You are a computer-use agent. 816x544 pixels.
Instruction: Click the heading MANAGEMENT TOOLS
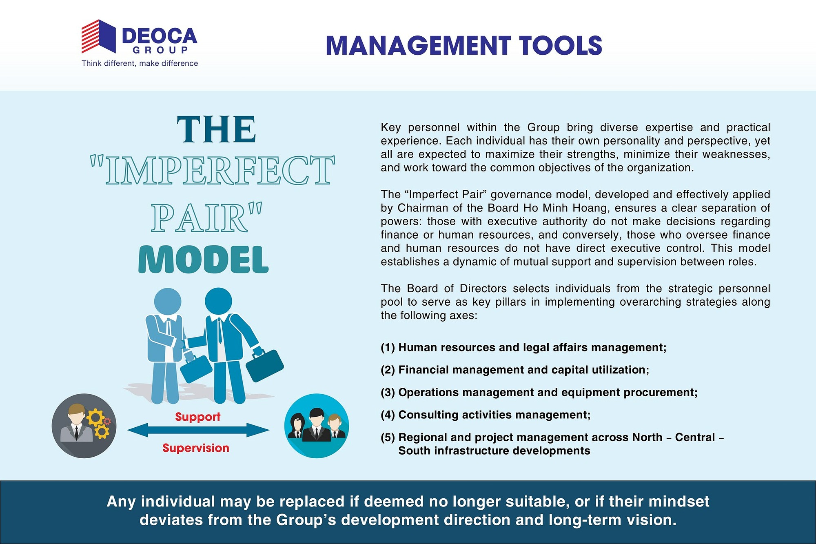tap(464, 45)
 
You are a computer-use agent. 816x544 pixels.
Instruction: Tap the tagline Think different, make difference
tap(140, 63)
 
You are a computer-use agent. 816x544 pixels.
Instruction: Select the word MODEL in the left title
tap(203, 260)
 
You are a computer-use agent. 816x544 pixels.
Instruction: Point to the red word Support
tap(197, 417)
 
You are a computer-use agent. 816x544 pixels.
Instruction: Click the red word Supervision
tap(196, 448)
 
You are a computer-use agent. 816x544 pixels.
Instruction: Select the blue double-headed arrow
tap(198, 430)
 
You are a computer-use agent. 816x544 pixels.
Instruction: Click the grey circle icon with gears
tap(84, 426)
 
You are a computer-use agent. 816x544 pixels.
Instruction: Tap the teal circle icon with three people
tap(317, 426)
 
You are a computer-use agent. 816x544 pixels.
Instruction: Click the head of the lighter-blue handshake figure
tap(167, 302)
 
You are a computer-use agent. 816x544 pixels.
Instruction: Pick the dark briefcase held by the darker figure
tap(264, 366)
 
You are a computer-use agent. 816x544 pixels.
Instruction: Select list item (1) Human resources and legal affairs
tap(523, 347)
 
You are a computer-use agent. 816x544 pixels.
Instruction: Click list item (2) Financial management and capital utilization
tap(515, 370)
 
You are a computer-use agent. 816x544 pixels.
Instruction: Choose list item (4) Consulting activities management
tap(486, 415)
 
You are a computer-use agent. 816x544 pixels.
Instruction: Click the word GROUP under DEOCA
tap(160, 50)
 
